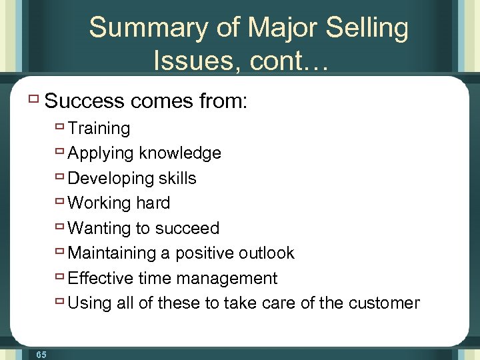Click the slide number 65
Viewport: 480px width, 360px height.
click(x=41, y=355)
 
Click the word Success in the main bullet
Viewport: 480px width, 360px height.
click(x=85, y=101)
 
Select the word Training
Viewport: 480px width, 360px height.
click(x=99, y=128)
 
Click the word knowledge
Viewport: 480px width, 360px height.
click(x=180, y=153)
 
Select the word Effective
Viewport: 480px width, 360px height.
click(x=99, y=278)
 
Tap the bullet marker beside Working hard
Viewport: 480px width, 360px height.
click(x=60, y=202)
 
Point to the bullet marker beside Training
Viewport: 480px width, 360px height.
click(x=60, y=127)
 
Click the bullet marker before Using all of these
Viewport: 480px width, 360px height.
click(x=60, y=302)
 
